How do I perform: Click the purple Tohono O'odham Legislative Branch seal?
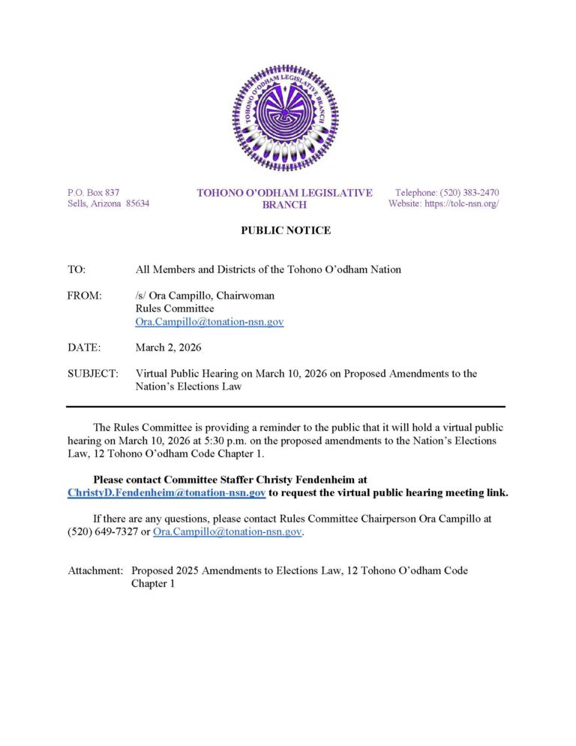285,118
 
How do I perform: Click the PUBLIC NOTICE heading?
285,230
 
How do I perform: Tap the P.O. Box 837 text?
94,193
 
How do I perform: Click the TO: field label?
76,269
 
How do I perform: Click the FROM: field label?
85,296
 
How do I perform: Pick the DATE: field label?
83,347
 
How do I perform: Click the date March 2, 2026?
169,347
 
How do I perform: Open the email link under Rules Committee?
209,322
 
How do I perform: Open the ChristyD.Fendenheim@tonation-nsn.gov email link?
166,493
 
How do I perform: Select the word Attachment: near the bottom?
96,570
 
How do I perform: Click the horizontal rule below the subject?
285,406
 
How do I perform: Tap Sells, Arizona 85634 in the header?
108,204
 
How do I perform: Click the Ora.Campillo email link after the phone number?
227,532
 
